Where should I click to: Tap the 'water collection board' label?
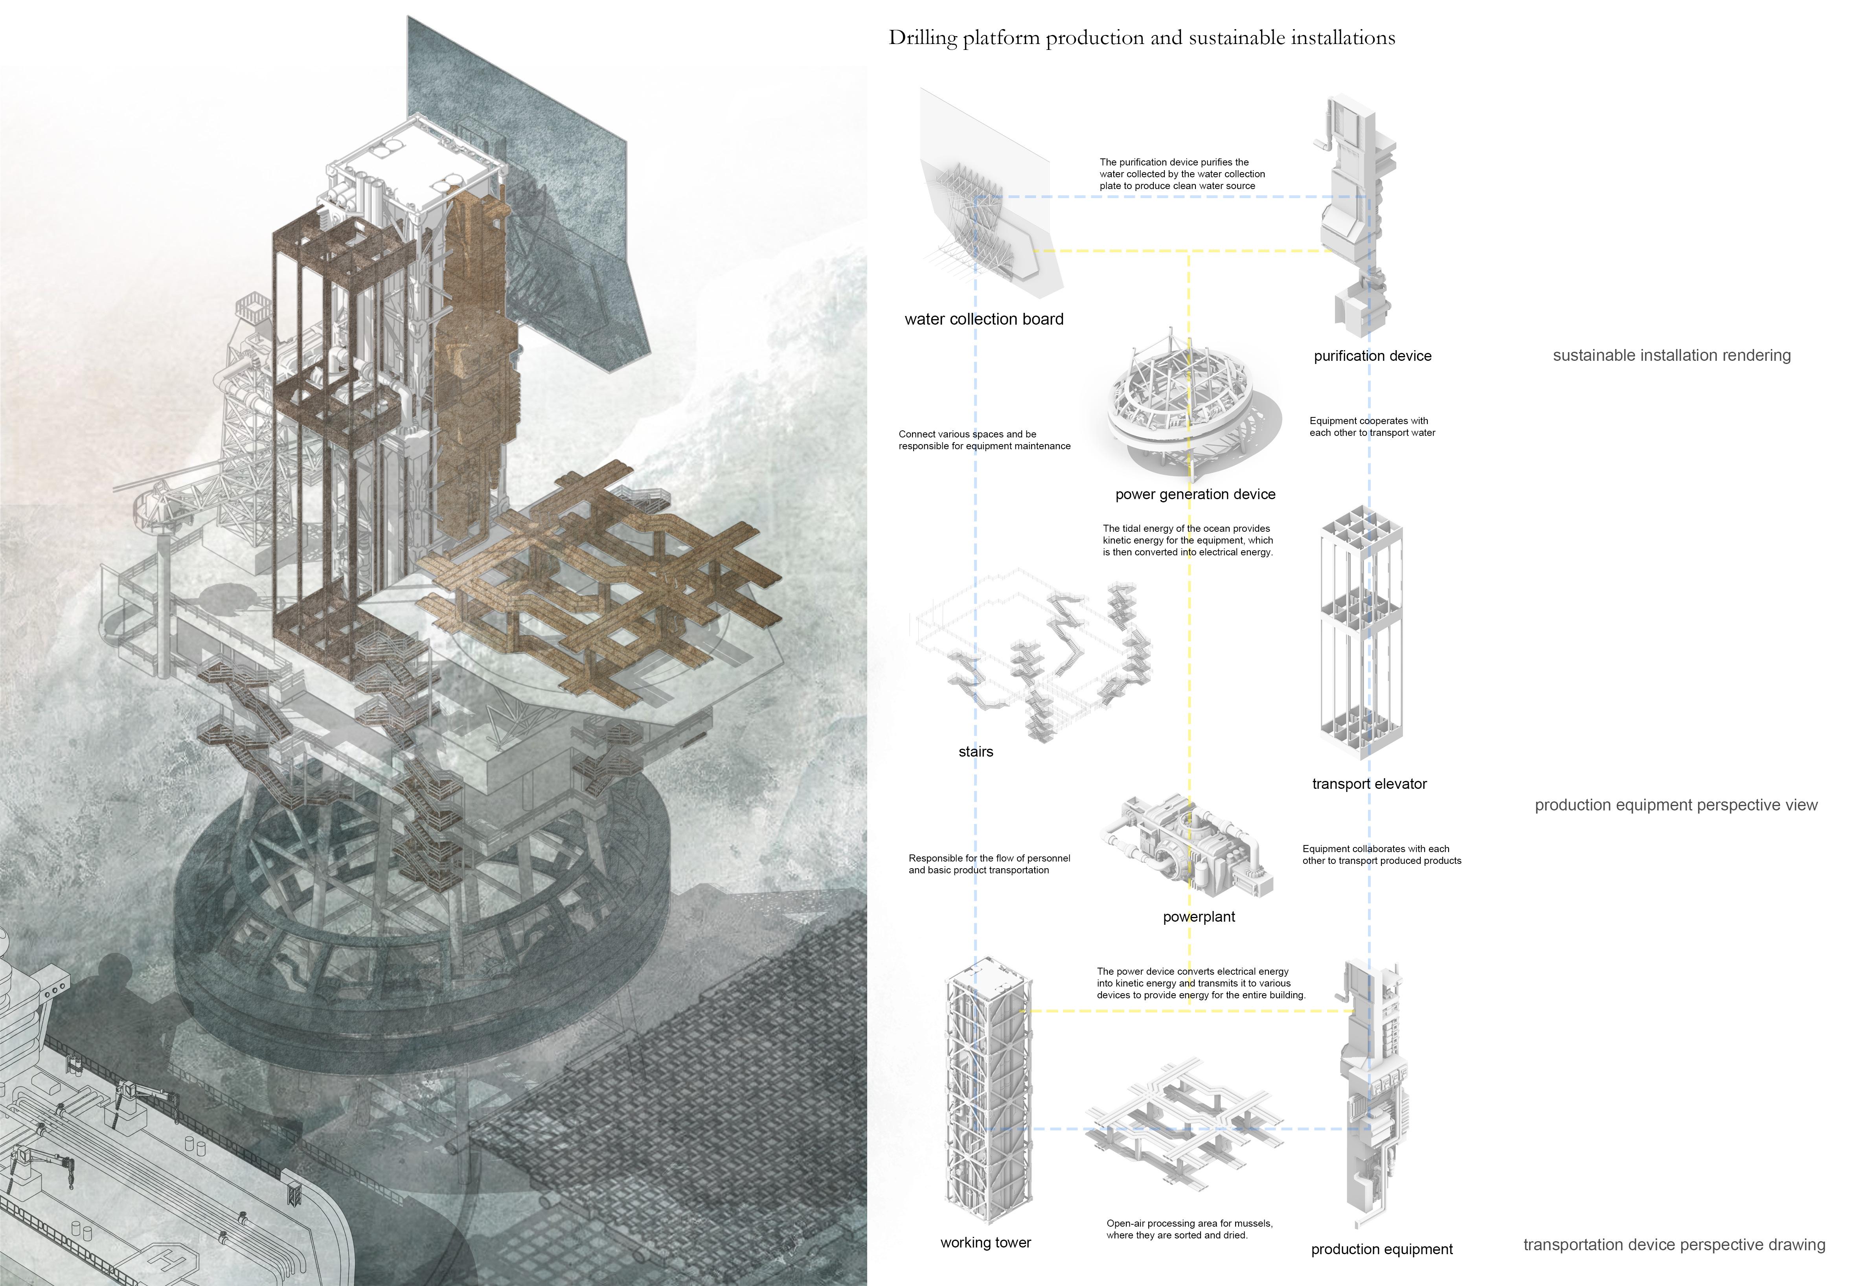coord(983,319)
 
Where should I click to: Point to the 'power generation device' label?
coord(1195,494)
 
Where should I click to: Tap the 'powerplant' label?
coord(1199,916)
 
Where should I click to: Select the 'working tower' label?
coord(985,1242)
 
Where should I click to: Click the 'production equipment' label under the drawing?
coord(1381,1249)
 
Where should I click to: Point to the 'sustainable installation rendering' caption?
coord(1671,355)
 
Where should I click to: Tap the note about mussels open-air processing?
coord(1189,1229)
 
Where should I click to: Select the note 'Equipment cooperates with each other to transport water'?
coord(1372,426)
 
